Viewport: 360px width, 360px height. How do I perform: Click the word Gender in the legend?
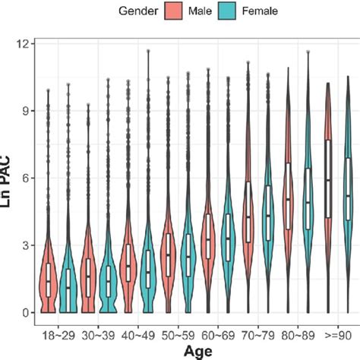tap(142, 11)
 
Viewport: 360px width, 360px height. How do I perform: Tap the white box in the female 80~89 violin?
tap(308, 199)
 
